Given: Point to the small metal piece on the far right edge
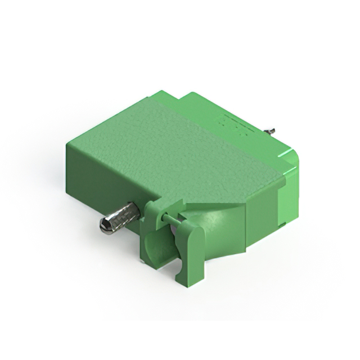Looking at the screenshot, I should click(271, 131).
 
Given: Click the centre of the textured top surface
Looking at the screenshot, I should click(174, 146).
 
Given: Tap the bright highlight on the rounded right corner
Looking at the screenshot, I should click(290, 163).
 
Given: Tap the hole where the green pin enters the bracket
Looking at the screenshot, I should click(162, 216).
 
